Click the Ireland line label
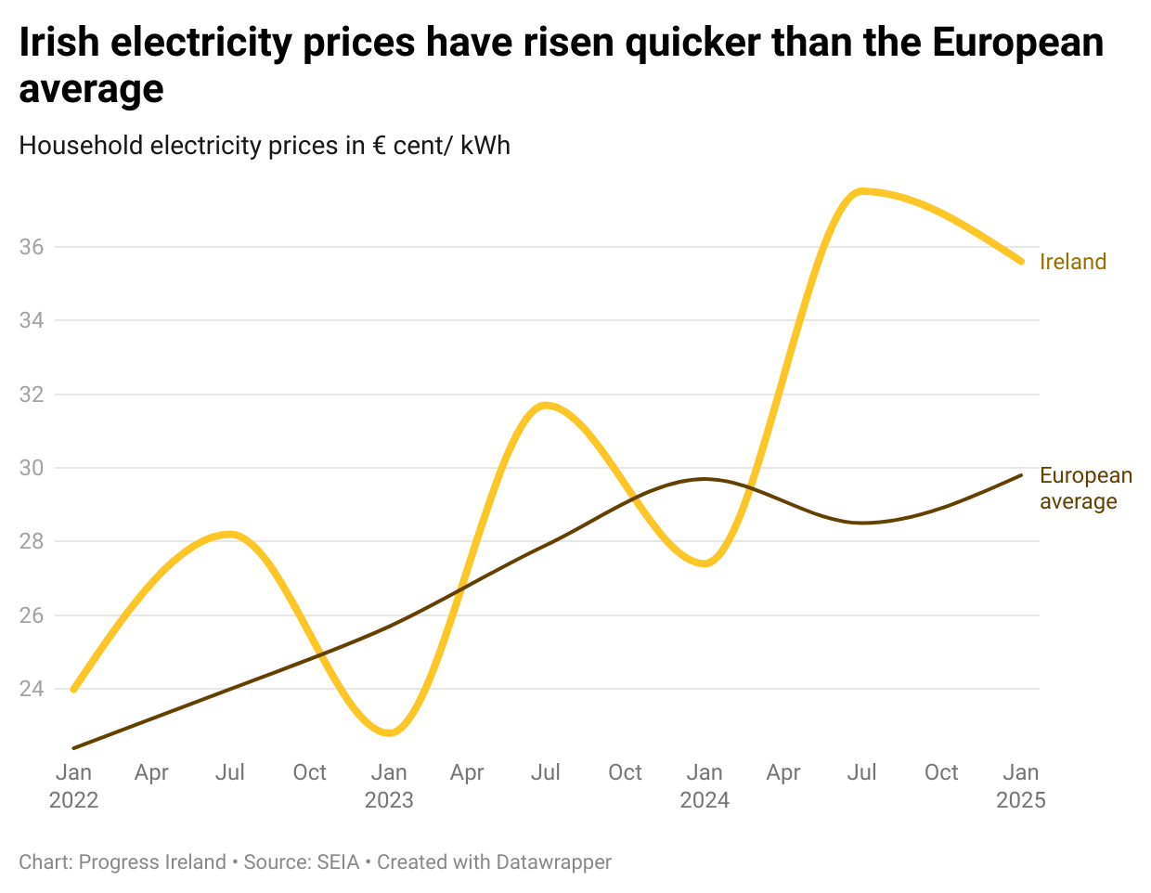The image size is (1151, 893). (x=1072, y=262)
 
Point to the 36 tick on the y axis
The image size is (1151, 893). (x=32, y=247)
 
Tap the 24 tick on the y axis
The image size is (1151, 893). (x=32, y=689)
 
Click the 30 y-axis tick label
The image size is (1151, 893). (x=32, y=468)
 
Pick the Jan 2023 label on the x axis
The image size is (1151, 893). (x=389, y=785)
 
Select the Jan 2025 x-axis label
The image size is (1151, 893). (x=1020, y=785)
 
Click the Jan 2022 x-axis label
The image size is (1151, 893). (x=73, y=785)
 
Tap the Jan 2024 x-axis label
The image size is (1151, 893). (x=705, y=785)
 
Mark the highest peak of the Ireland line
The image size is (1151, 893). (x=862, y=191)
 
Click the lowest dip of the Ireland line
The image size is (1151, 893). (x=390, y=733)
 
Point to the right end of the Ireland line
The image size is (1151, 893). (x=1021, y=262)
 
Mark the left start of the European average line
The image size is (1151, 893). (x=73, y=747)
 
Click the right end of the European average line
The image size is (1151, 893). (x=1021, y=475)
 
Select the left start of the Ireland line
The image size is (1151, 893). (x=73, y=690)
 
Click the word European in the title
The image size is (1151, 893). (x=1017, y=43)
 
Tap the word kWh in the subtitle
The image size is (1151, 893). (x=485, y=146)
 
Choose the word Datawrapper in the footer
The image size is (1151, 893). (x=553, y=862)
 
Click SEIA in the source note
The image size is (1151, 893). (x=338, y=862)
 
